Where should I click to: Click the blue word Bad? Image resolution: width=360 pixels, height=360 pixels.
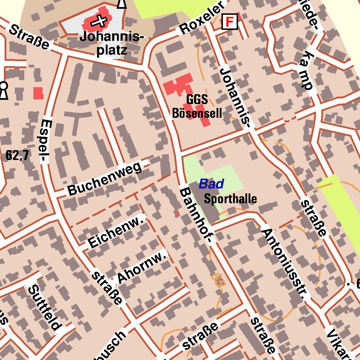click(211, 184)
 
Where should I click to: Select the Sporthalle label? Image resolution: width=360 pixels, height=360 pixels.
click(230, 199)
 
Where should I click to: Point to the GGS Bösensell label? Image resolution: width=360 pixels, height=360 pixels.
click(197, 107)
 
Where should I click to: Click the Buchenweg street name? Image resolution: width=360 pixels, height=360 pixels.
click(105, 178)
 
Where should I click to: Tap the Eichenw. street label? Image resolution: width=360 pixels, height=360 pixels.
click(117, 232)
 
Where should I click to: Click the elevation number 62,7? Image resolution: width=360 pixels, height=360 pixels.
click(17, 155)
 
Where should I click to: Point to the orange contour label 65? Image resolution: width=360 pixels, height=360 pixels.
click(217, 279)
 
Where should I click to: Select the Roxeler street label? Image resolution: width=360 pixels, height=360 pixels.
click(202, 18)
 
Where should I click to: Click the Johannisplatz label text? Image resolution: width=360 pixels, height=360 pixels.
click(112, 44)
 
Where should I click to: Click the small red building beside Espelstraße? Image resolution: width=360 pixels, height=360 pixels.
click(38, 93)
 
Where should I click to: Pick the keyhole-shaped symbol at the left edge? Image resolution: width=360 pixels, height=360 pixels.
click(4, 91)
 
